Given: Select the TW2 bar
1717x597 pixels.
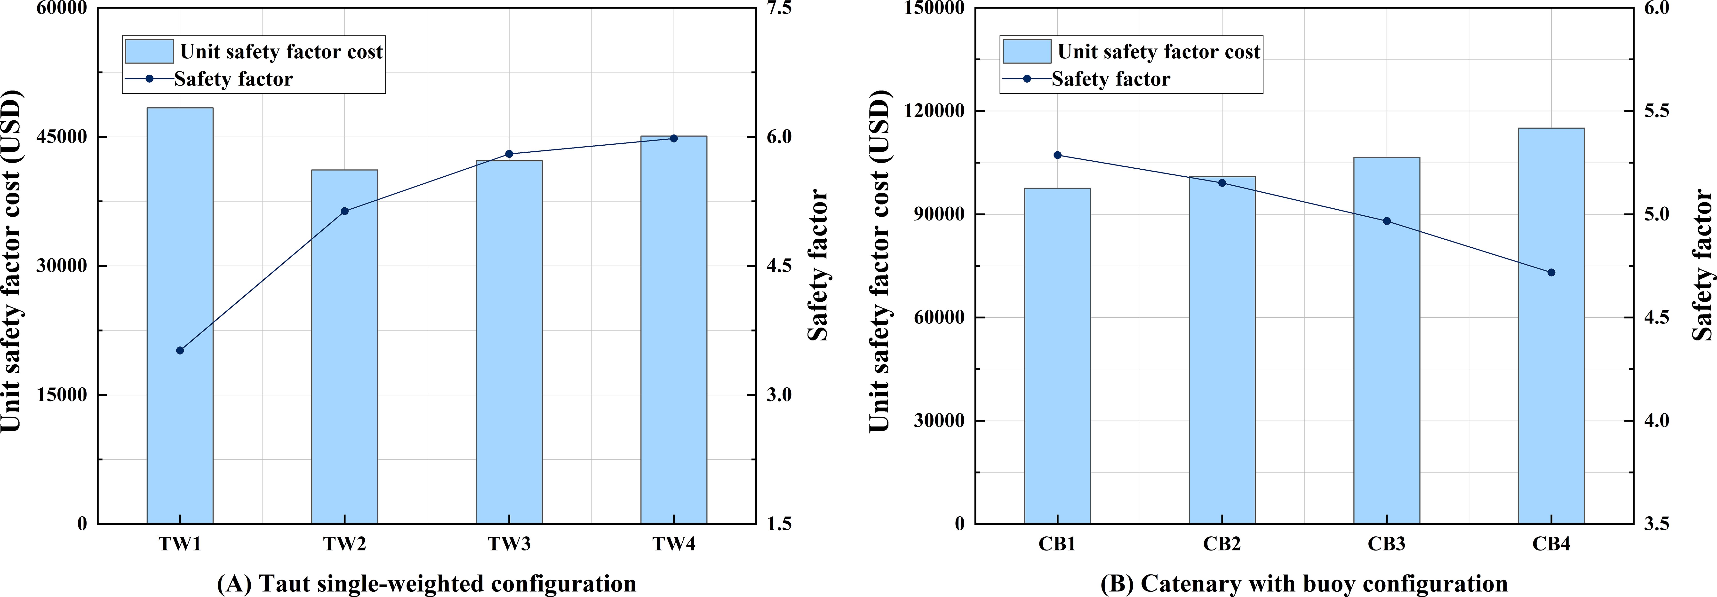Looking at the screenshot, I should (345, 346).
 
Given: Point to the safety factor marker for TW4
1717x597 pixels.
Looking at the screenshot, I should (673, 139).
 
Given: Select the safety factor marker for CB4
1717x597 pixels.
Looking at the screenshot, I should (1551, 273).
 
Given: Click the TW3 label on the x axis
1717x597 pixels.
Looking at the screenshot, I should (509, 544).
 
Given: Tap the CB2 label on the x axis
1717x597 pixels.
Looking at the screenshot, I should (1222, 544).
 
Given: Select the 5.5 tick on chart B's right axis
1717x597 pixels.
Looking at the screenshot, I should (1656, 111).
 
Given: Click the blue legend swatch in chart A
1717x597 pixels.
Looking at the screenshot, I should (149, 51).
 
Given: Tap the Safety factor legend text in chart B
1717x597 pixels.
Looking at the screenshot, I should (1110, 79).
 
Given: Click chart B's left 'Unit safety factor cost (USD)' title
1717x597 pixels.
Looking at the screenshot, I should (880, 260).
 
